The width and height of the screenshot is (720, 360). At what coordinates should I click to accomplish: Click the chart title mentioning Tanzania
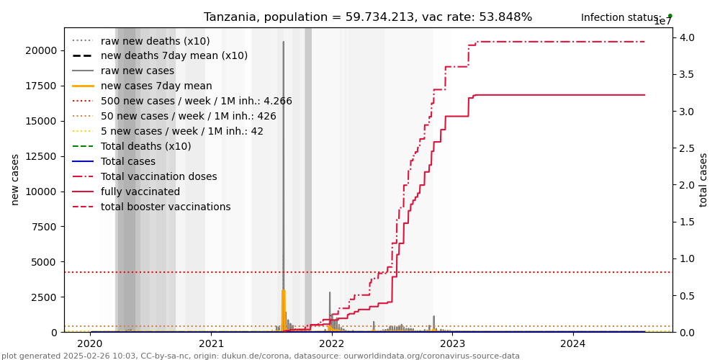(x=368, y=17)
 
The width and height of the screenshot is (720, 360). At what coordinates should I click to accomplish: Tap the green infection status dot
(x=670, y=15)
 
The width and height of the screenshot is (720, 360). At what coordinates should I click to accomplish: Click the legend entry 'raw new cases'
(x=138, y=71)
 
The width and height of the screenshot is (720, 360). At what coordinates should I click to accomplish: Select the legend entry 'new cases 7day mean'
(x=156, y=86)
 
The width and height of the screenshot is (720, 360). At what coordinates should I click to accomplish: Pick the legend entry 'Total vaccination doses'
(x=158, y=177)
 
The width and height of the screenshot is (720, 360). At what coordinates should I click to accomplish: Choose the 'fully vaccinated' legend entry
(x=140, y=192)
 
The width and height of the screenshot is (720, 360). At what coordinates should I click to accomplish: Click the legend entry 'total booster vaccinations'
(x=166, y=207)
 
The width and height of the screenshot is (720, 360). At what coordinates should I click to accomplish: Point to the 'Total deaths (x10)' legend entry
(x=146, y=147)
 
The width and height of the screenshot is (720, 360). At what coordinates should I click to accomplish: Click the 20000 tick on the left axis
(x=40, y=50)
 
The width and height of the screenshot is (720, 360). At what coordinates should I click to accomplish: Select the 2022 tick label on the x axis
(x=332, y=344)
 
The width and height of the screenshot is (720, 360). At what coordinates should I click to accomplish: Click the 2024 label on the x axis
(x=573, y=344)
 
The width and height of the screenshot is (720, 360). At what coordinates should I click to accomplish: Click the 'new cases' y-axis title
(x=15, y=179)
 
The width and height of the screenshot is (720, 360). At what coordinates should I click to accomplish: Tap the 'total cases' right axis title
(x=704, y=179)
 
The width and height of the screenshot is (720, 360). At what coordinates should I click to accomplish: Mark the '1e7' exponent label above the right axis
(x=662, y=22)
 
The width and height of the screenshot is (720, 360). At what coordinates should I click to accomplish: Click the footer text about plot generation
(x=261, y=356)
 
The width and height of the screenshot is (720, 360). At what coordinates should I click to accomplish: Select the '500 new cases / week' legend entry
(x=197, y=102)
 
